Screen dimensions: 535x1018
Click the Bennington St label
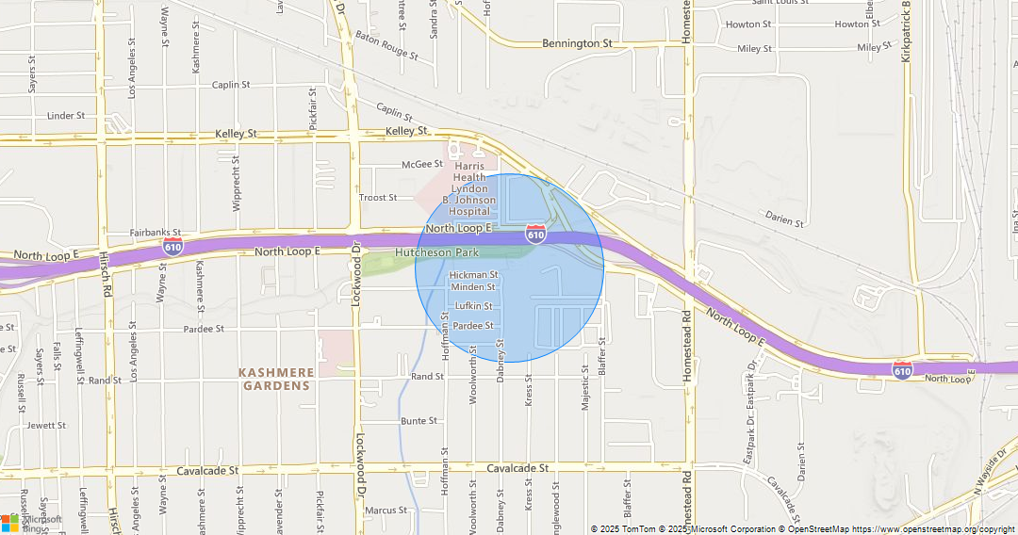(577, 43)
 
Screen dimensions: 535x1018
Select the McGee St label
(422, 164)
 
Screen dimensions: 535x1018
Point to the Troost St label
(378, 198)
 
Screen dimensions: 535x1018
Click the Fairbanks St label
(155, 233)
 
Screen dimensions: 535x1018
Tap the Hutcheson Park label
(436, 252)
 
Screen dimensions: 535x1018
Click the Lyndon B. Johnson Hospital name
(469, 188)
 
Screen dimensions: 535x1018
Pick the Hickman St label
(473, 275)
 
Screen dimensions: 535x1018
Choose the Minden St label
(473, 286)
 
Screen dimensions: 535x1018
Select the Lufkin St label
(473, 306)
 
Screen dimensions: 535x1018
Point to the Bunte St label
(419, 421)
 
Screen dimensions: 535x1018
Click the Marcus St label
(386, 511)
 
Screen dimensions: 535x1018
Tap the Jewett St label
(46, 426)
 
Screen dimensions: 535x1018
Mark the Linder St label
(66, 116)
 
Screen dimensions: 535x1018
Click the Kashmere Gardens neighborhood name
(277, 380)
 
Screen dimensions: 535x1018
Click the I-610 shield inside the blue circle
(535, 234)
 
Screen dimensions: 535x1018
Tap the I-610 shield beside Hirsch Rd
(172, 247)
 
